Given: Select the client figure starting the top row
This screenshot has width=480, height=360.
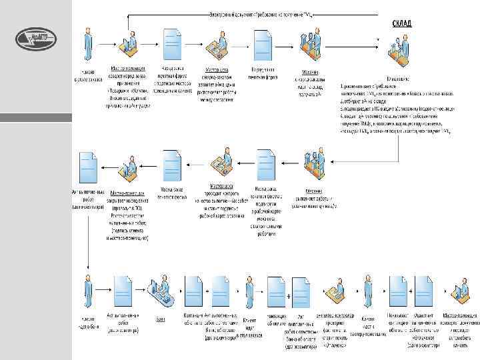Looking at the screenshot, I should [87, 44].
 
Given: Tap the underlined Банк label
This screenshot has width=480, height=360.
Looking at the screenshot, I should [161, 319].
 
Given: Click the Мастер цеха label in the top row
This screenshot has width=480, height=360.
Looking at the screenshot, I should [218, 69].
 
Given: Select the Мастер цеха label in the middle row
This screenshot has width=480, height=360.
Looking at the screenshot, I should [221, 186].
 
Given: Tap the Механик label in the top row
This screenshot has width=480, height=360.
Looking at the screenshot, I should [309, 72].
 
